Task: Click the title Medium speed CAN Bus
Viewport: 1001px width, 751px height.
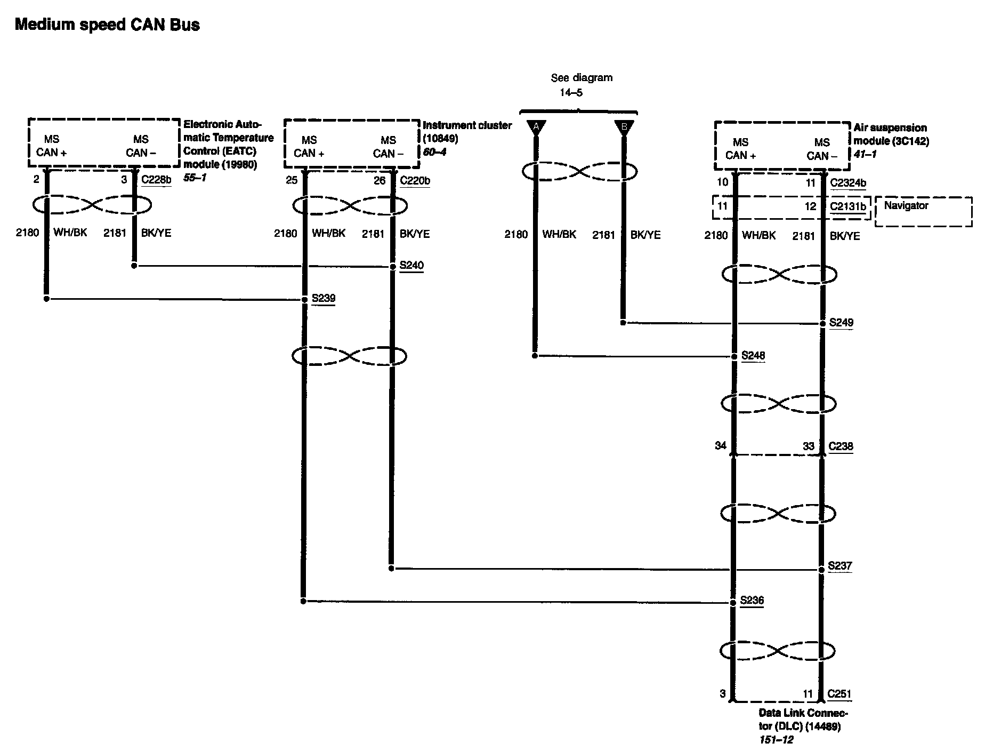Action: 107,25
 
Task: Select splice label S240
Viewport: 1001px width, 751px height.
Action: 411,265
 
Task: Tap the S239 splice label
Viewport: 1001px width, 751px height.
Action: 324,298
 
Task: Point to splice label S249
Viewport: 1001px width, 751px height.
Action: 841,323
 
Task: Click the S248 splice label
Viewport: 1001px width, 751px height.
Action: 753,355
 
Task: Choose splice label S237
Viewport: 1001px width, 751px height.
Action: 839,565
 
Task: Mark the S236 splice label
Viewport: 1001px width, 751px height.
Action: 752,600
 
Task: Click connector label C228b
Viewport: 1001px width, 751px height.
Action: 156,180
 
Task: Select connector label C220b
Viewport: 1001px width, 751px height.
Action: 415,180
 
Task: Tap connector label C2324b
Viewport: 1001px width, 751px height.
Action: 848,183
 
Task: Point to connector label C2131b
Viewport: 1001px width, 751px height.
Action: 848,206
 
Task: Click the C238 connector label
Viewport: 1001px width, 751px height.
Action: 841,446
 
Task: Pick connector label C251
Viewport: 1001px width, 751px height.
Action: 839,694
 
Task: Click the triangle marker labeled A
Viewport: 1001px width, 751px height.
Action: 536,127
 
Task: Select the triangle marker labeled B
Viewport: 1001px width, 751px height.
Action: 624,127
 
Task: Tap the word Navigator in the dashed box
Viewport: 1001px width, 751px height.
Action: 906,206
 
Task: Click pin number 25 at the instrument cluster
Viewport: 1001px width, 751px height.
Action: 291,180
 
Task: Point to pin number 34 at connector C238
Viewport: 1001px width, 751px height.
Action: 721,445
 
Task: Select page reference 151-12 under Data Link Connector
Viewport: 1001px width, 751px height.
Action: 776,740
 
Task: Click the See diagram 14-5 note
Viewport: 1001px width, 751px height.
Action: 581,85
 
